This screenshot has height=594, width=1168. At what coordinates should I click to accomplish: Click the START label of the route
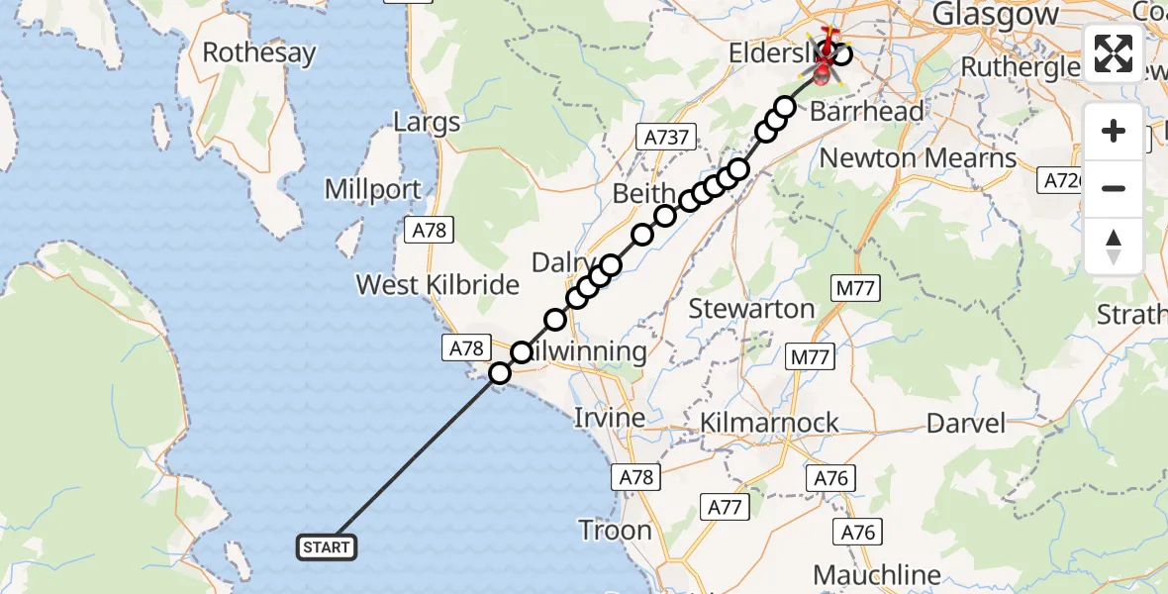327,546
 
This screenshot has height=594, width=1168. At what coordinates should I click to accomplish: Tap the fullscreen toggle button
1114,53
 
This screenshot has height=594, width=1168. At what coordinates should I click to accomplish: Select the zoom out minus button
1114,188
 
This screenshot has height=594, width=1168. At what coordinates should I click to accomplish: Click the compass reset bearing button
1114,246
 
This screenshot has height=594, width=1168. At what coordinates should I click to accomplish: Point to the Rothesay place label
259,52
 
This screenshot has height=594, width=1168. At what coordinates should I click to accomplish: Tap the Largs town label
427,123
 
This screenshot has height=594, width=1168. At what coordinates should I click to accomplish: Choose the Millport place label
372,189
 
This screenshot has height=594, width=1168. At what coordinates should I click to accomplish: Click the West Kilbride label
438,285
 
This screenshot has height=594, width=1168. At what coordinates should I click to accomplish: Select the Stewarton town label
751,309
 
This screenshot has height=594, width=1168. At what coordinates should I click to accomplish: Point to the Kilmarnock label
769,423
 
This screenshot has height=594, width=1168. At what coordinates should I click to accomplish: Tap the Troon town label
615,530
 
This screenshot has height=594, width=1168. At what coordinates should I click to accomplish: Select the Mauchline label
876,574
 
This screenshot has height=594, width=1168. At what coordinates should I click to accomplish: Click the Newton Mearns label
918,158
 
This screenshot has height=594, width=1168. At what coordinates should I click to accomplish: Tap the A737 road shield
668,138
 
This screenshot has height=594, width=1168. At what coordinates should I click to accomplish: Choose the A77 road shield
726,508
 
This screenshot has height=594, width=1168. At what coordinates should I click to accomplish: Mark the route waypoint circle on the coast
500,373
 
